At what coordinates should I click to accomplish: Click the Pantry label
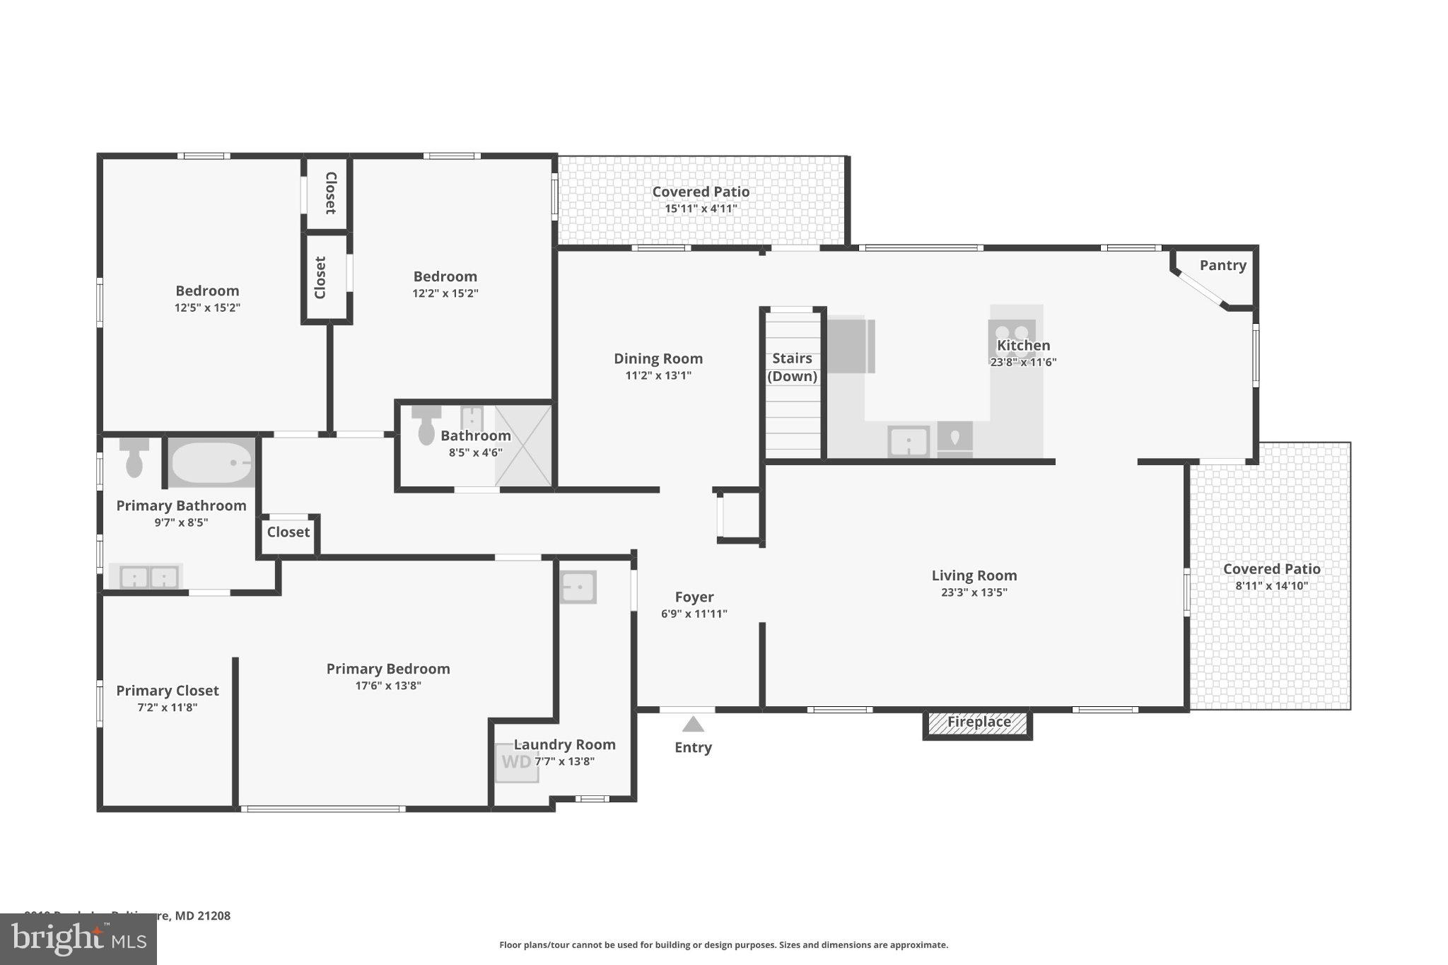point(1222,265)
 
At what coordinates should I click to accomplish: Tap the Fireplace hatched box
point(978,723)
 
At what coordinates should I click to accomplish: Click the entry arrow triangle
point(693,725)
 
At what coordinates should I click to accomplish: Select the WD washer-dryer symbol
point(516,763)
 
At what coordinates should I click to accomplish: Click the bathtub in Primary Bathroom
point(211,462)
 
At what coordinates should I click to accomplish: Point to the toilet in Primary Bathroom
point(134,457)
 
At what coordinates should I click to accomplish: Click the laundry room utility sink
point(578,587)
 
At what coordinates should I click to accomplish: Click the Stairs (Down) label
point(792,367)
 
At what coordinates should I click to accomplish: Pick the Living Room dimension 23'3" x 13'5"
point(974,592)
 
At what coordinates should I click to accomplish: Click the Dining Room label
point(658,358)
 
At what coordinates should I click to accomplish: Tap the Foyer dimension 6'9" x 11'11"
point(694,614)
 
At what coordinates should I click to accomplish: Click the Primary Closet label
point(168,691)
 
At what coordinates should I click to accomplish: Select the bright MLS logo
point(78,939)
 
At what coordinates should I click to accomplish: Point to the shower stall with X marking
point(523,445)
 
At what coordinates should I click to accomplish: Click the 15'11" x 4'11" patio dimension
point(701,209)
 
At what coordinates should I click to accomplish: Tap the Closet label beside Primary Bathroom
point(288,532)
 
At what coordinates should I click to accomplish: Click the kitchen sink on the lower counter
point(909,442)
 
